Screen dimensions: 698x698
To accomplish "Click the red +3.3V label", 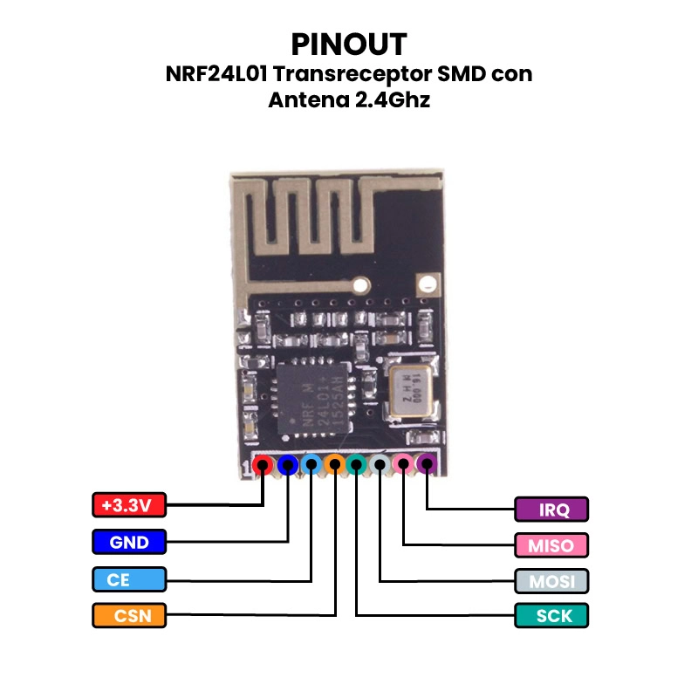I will pyautogui.click(x=128, y=504).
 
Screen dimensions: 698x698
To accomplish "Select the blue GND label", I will pyautogui.click(x=128, y=542).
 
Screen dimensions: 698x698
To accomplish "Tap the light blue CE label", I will pyautogui.click(x=128, y=579).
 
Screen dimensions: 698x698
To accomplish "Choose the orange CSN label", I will pyautogui.click(x=128, y=615).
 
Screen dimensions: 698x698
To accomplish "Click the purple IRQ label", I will pyautogui.click(x=551, y=509).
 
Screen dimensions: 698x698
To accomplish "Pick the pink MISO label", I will pyautogui.click(x=551, y=545).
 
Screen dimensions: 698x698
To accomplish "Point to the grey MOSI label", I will pyautogui.click(x=551, y=580).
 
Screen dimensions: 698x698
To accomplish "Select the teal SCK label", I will pyautogui.click(x=551, y=615).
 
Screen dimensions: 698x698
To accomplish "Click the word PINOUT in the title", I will pyautogui.click(x=349, y=44).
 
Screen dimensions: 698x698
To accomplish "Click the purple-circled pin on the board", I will pyautogui.click(x=426, y=466).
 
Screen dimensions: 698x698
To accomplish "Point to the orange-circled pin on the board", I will pyautogui.click(x=332, y=466).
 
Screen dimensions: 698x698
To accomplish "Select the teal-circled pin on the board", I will pyautogui.click(x=356, y=466).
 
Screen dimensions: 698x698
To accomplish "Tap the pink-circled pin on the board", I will pyautogui.click(x=402, y=466).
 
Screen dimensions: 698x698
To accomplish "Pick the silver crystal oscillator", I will pyautogui.click(x=408, y=390).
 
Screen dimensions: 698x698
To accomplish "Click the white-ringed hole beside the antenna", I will pyautogui.click(x=428, y=282).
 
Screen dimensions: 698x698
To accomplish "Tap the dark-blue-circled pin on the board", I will pyautogui.click(x=286, y=466).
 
